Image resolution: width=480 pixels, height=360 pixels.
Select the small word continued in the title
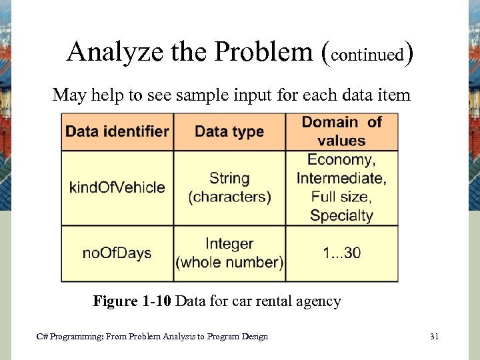pos(368,54)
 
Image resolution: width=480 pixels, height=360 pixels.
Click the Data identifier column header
pos(117,131)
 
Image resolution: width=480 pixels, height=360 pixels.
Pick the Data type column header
pos(229,131)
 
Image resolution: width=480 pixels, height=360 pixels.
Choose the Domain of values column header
pos(342,131)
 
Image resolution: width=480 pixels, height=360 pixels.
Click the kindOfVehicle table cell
pos(117,187)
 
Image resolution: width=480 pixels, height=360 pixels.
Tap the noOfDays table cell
pos(117,253)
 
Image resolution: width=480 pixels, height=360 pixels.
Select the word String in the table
pos(229,179)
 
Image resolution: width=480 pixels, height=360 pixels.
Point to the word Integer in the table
pos(229,244)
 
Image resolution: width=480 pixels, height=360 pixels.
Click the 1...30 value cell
pos(342,253)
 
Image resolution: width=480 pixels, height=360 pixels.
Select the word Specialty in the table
pos(341,215)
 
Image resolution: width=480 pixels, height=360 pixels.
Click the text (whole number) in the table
pos(229,263)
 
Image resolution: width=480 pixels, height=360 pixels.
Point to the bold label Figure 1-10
pos(133,301)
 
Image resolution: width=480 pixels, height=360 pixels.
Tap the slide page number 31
pos(434,337)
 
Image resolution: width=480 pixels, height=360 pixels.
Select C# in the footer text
pos(42,337)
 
